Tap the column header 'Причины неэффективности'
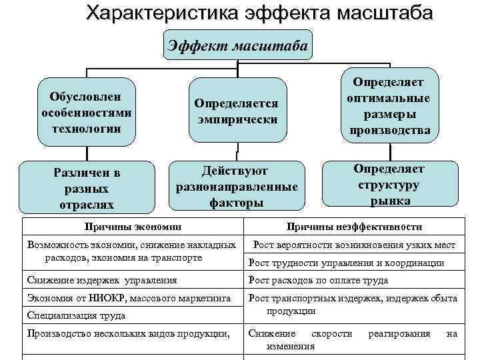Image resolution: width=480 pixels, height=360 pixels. pos(355,227)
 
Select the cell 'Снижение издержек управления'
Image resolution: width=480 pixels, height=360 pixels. pos(101,280)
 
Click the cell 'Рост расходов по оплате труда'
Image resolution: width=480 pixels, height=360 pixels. pos(318,280)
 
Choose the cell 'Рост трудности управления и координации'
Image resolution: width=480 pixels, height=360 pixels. pos(346,263)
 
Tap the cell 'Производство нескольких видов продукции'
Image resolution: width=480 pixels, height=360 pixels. pos(127,333)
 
